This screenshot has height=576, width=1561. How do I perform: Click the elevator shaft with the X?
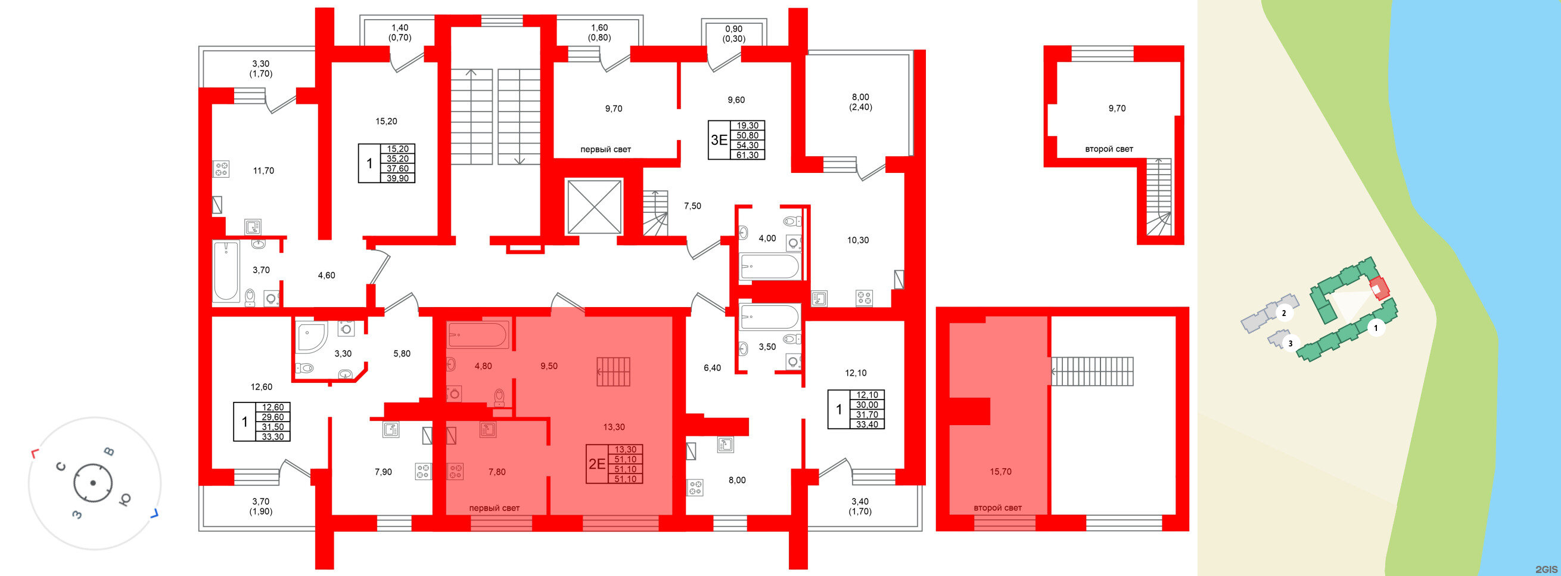[594, 207]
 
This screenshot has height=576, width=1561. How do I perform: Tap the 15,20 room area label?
[386, 121]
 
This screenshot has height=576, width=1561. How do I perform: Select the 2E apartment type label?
[597, 464]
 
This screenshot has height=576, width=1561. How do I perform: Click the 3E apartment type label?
[719, 140]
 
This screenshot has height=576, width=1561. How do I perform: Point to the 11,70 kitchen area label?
[263, 171]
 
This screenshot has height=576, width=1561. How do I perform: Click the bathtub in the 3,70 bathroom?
[225, 271]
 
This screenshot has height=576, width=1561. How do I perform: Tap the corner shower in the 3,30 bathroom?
[311, 337]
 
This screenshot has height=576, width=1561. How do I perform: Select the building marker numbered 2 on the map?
[1283, 314]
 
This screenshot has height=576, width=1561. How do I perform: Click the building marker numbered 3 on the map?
[1290, 343]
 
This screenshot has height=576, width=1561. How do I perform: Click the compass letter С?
[61, 466]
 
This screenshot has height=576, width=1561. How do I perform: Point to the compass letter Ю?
[125, 499]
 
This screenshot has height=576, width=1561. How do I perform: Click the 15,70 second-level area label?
[1000, 472]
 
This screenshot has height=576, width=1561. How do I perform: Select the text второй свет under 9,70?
[1108, 149]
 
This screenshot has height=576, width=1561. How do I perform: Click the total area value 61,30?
[747, 155]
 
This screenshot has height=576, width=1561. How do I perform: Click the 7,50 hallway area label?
[692, 206]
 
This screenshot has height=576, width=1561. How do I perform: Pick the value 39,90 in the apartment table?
[397, 178]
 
